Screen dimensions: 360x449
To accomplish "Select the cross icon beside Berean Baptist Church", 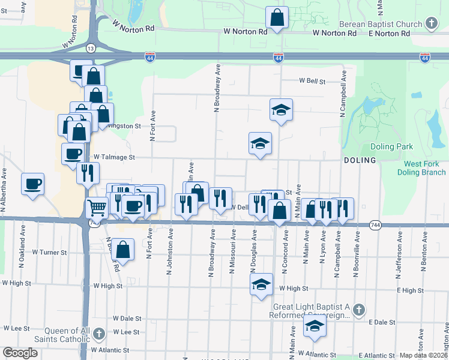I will click(430, 24).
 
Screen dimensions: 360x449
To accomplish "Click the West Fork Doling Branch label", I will click(421, 168).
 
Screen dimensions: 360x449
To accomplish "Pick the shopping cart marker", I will click(96, 208).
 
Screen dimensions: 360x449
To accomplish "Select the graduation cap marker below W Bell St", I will click(280, 110).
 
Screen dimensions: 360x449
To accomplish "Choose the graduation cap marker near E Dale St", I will click(314, 326).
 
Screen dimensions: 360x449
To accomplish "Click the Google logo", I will click(20, 353).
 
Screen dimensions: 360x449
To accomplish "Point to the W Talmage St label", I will click(115, 157).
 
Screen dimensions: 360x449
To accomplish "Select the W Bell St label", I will click(312, 81).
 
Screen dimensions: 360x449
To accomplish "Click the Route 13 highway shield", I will click(89, 47).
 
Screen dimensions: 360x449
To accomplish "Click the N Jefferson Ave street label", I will click(399, 255).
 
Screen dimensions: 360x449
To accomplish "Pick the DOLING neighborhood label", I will click(360, 160).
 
